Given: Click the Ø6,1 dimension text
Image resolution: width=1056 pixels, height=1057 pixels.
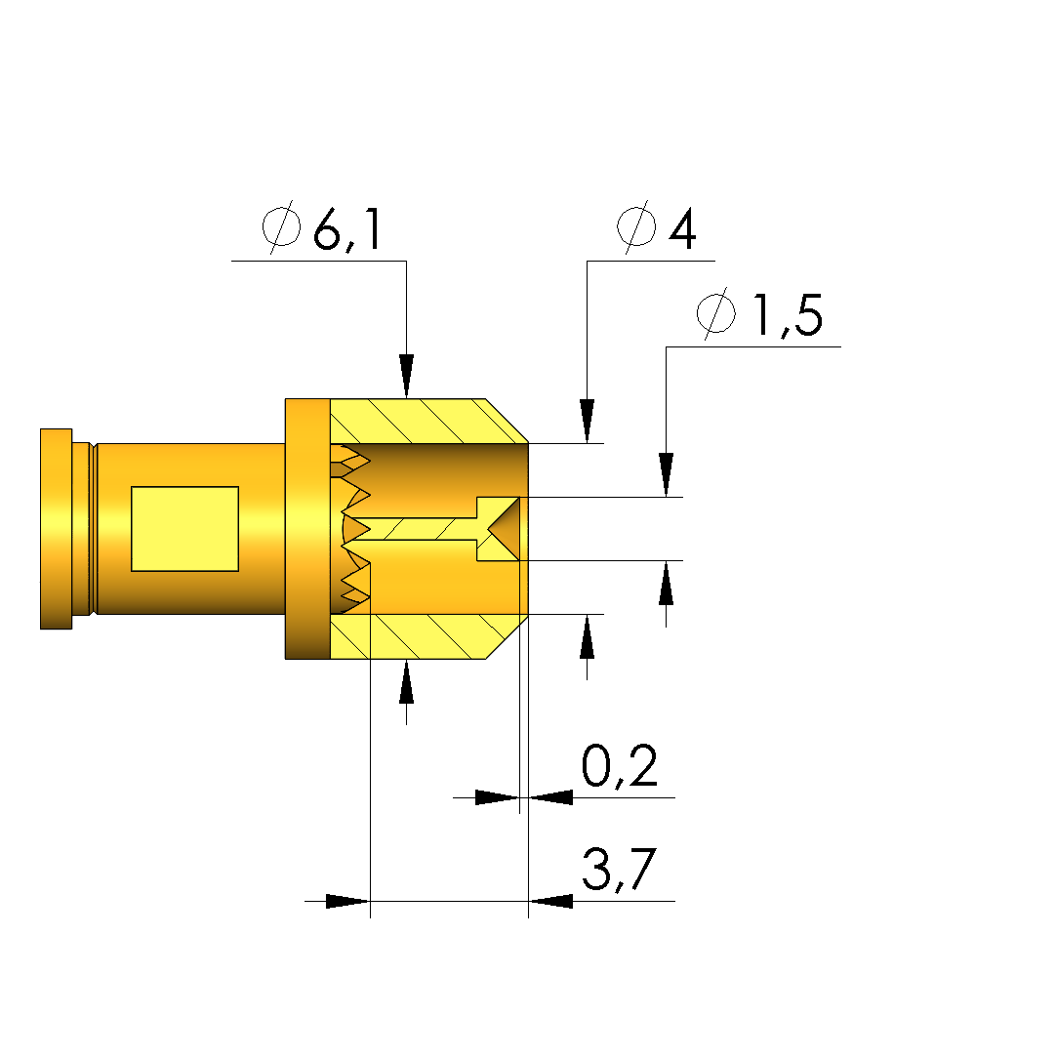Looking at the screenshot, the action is coord(321,227).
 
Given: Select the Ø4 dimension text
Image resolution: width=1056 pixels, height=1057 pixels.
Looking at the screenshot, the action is coord(657,227).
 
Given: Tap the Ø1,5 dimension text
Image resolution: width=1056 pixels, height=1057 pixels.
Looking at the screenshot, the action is coord(759,313).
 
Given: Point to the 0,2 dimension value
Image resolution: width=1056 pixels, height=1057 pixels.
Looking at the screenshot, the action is coord(620,766).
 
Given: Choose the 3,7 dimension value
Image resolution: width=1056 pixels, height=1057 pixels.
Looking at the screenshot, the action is coord(619,869).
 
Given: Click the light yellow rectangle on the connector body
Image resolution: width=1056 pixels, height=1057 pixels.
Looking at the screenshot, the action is coord(184,529).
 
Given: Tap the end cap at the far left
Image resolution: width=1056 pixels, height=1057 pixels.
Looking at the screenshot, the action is coord(56,529).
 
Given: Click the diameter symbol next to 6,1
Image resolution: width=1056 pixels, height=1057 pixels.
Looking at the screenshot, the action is coord(281,227).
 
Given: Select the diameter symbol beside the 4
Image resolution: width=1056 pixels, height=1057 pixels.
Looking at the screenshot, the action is coord(636,227).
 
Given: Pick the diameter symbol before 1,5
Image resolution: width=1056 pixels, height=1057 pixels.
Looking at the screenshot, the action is coord(715,313).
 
